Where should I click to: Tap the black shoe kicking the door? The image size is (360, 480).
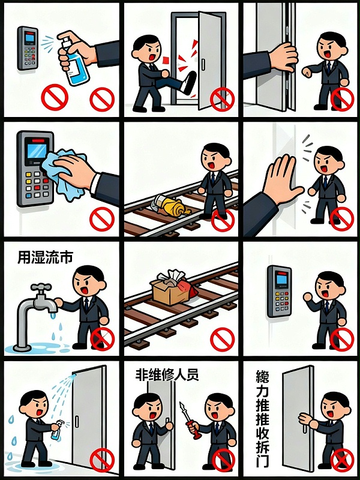pos(188,85)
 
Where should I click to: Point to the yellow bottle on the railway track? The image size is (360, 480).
pos(171,207)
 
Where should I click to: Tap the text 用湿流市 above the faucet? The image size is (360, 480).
pos(45,257)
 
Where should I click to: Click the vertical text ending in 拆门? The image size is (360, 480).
pos(262,420)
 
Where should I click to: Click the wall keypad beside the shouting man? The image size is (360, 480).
pos(278,290)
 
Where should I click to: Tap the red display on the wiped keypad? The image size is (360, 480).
pos(37,146)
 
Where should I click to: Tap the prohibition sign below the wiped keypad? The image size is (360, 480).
pos(101,220)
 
